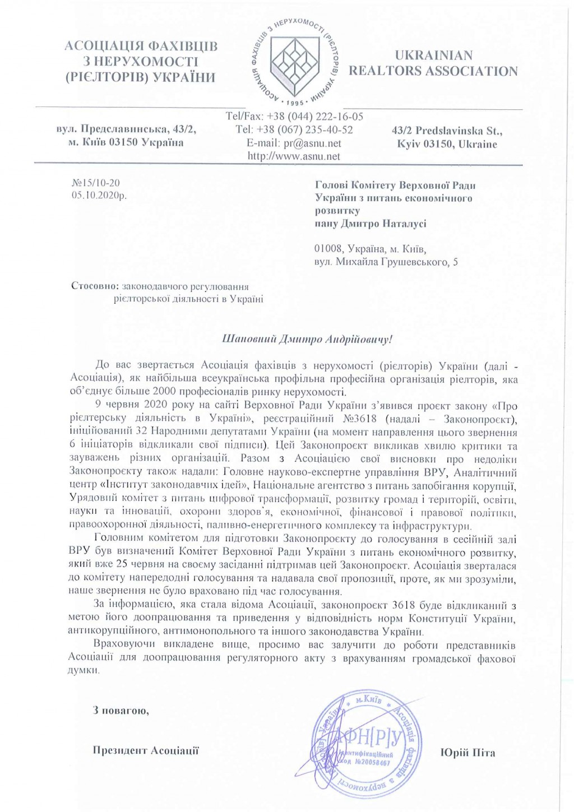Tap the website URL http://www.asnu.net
tap(294, 156)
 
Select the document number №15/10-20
tap(96, 183)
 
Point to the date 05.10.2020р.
tap(99, 196)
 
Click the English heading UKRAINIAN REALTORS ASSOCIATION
tap(433, 63)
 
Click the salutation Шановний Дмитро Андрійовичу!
tap(307, 339)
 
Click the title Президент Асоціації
tap(146, 750)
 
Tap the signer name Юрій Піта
tap(467, 753)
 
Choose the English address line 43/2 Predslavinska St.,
tap(447, 131)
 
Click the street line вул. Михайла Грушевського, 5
tap(386, 262)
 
